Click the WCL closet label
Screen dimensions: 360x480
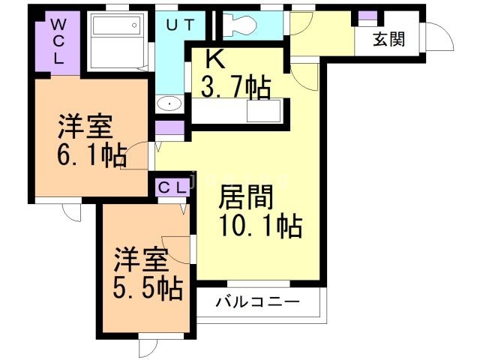pos(58,41)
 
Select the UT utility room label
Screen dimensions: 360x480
pos(181,25)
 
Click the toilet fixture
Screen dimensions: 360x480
pos(241,24)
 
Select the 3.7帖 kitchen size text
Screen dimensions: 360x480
pos(235,88)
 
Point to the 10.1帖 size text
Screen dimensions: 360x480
pos(259,224)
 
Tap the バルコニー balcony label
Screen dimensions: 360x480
pos(258,303)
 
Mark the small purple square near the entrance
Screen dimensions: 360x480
pos(367,16)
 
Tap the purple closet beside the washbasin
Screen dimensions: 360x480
pos(170,127)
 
